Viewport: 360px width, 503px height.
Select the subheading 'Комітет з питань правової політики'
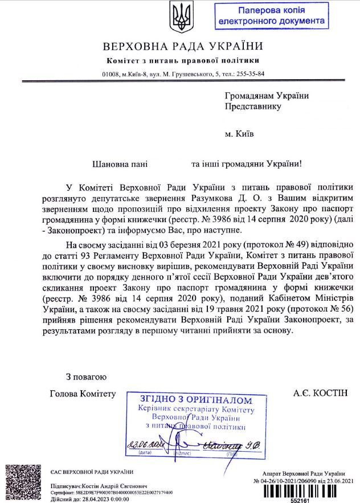(183, 60)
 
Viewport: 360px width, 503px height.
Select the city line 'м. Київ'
(239, 134)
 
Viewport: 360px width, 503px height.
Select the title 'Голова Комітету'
(83, 394)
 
